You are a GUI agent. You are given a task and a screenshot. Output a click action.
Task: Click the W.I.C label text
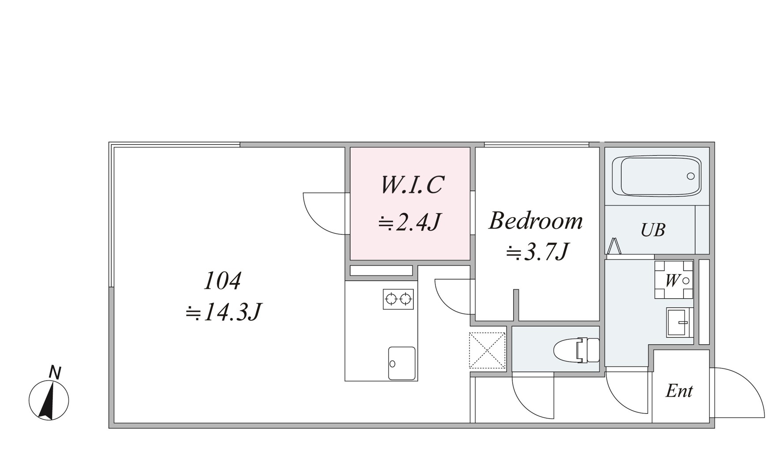[x=412, y=185]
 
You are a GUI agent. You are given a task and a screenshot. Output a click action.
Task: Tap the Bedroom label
[x=536, y=221]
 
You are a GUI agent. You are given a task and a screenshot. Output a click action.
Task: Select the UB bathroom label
[x=653, y=230]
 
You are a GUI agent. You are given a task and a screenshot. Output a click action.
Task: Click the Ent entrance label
[x=679, y=391]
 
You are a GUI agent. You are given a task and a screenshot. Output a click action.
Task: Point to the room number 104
[x=222, y=281]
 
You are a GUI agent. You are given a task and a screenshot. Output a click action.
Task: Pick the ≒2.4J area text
[x=410, y=222]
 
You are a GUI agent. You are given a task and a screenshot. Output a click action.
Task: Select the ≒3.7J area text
[x=537, y=252]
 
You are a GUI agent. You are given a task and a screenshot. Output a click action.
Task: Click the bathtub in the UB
[x=656, y=176]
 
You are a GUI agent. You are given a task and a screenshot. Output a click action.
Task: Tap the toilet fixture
[x=577, y=350]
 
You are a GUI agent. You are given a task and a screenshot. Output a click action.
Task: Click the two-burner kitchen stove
[x=398, y=299]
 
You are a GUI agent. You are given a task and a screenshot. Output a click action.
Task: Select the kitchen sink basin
[x=401, y=363]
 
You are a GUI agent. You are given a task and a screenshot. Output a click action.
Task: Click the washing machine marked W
[x=674, y=280]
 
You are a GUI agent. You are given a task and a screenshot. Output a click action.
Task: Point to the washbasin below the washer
[x=679, y=323]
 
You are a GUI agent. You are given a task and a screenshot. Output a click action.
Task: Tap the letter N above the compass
[x=55, y=372]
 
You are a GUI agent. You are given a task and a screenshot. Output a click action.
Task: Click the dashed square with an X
[x=487, y=350]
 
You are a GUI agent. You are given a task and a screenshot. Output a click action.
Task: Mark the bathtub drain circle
[x=690, y=176]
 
